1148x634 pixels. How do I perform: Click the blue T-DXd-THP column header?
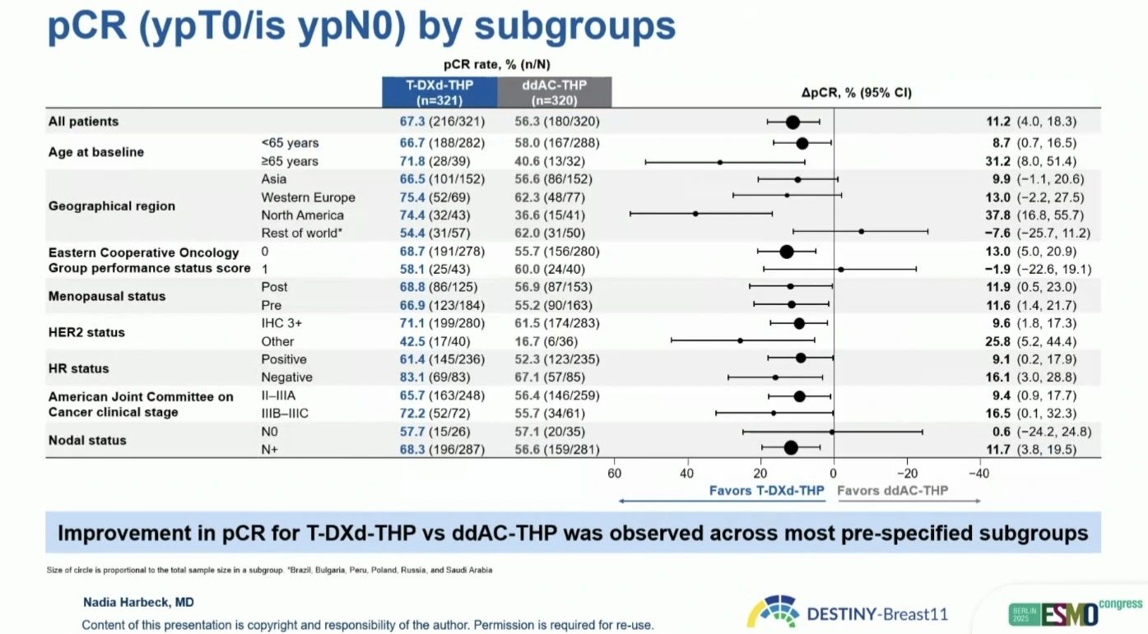tap(439, 92)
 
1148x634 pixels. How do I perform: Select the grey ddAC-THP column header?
tap(555, 92)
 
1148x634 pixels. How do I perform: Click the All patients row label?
tap(83, 122)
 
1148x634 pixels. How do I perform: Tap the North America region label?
tap(303, 215)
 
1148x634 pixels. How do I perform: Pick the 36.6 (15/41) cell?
tap(557, 215)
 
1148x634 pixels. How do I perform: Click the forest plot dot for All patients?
tap(792, 123)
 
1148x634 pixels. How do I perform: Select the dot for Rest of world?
tap(862, 231)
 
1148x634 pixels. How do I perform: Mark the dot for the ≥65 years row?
tap(719, 162)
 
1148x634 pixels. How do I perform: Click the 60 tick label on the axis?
tap(614, 473)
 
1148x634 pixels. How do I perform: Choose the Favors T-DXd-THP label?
tap(767, 491)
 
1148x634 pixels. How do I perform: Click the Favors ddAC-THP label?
tap(892, 491)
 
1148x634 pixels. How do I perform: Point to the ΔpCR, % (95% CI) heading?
tap(857, 93)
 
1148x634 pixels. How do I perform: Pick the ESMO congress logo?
tap(1076, 613)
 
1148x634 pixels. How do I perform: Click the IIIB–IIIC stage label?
tap(285, 414)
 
